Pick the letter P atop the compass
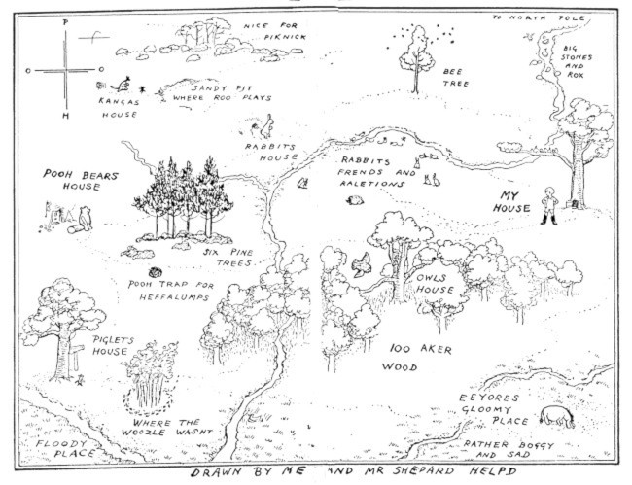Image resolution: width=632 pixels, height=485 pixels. point(64,20)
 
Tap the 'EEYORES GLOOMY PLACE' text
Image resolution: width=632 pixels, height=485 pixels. point(494,410)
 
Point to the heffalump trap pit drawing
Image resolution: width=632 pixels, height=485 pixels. point(155,275)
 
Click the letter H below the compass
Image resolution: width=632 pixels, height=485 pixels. point(65,116)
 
